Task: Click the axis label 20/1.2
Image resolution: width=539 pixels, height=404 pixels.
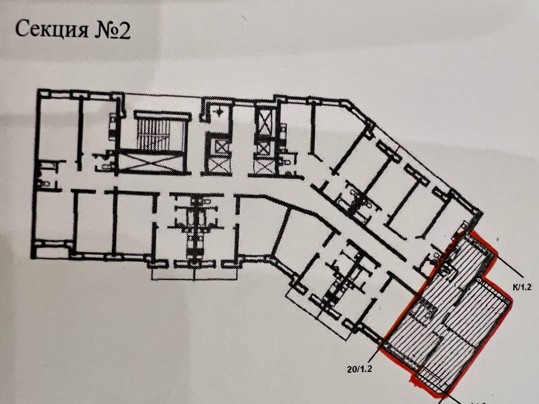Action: [x=359, y=369]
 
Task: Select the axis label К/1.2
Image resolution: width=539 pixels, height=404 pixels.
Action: [x=520, y=287]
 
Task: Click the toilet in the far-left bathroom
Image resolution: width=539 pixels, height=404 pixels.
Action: [x=45, y=184]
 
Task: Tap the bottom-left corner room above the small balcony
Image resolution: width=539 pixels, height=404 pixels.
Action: [x=53, y=213]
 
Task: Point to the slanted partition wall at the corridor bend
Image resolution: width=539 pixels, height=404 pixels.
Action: [x=281, y=230]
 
